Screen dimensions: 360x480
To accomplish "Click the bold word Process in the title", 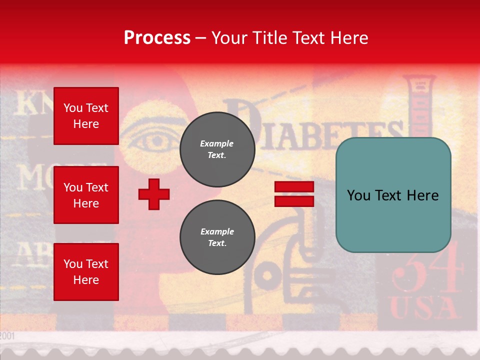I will click(157, 38).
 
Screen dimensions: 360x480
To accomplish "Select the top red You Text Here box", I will click(86, 116).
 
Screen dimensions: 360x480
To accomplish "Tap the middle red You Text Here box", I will click(86, 195).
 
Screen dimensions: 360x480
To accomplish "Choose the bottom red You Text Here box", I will click(86, 271).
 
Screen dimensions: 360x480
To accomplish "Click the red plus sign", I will click(154, 194).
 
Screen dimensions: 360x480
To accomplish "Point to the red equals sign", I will click(294, 194).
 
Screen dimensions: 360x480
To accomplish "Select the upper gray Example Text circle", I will click(217, 149).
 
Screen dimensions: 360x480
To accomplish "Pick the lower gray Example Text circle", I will click(217, 237).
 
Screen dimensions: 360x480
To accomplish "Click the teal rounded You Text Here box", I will click(393, 195).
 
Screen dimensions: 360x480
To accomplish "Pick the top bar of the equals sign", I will click(294, 187).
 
